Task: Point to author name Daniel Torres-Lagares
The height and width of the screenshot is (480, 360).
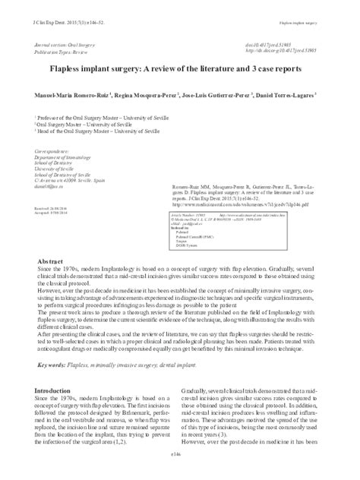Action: click(295, 96)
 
